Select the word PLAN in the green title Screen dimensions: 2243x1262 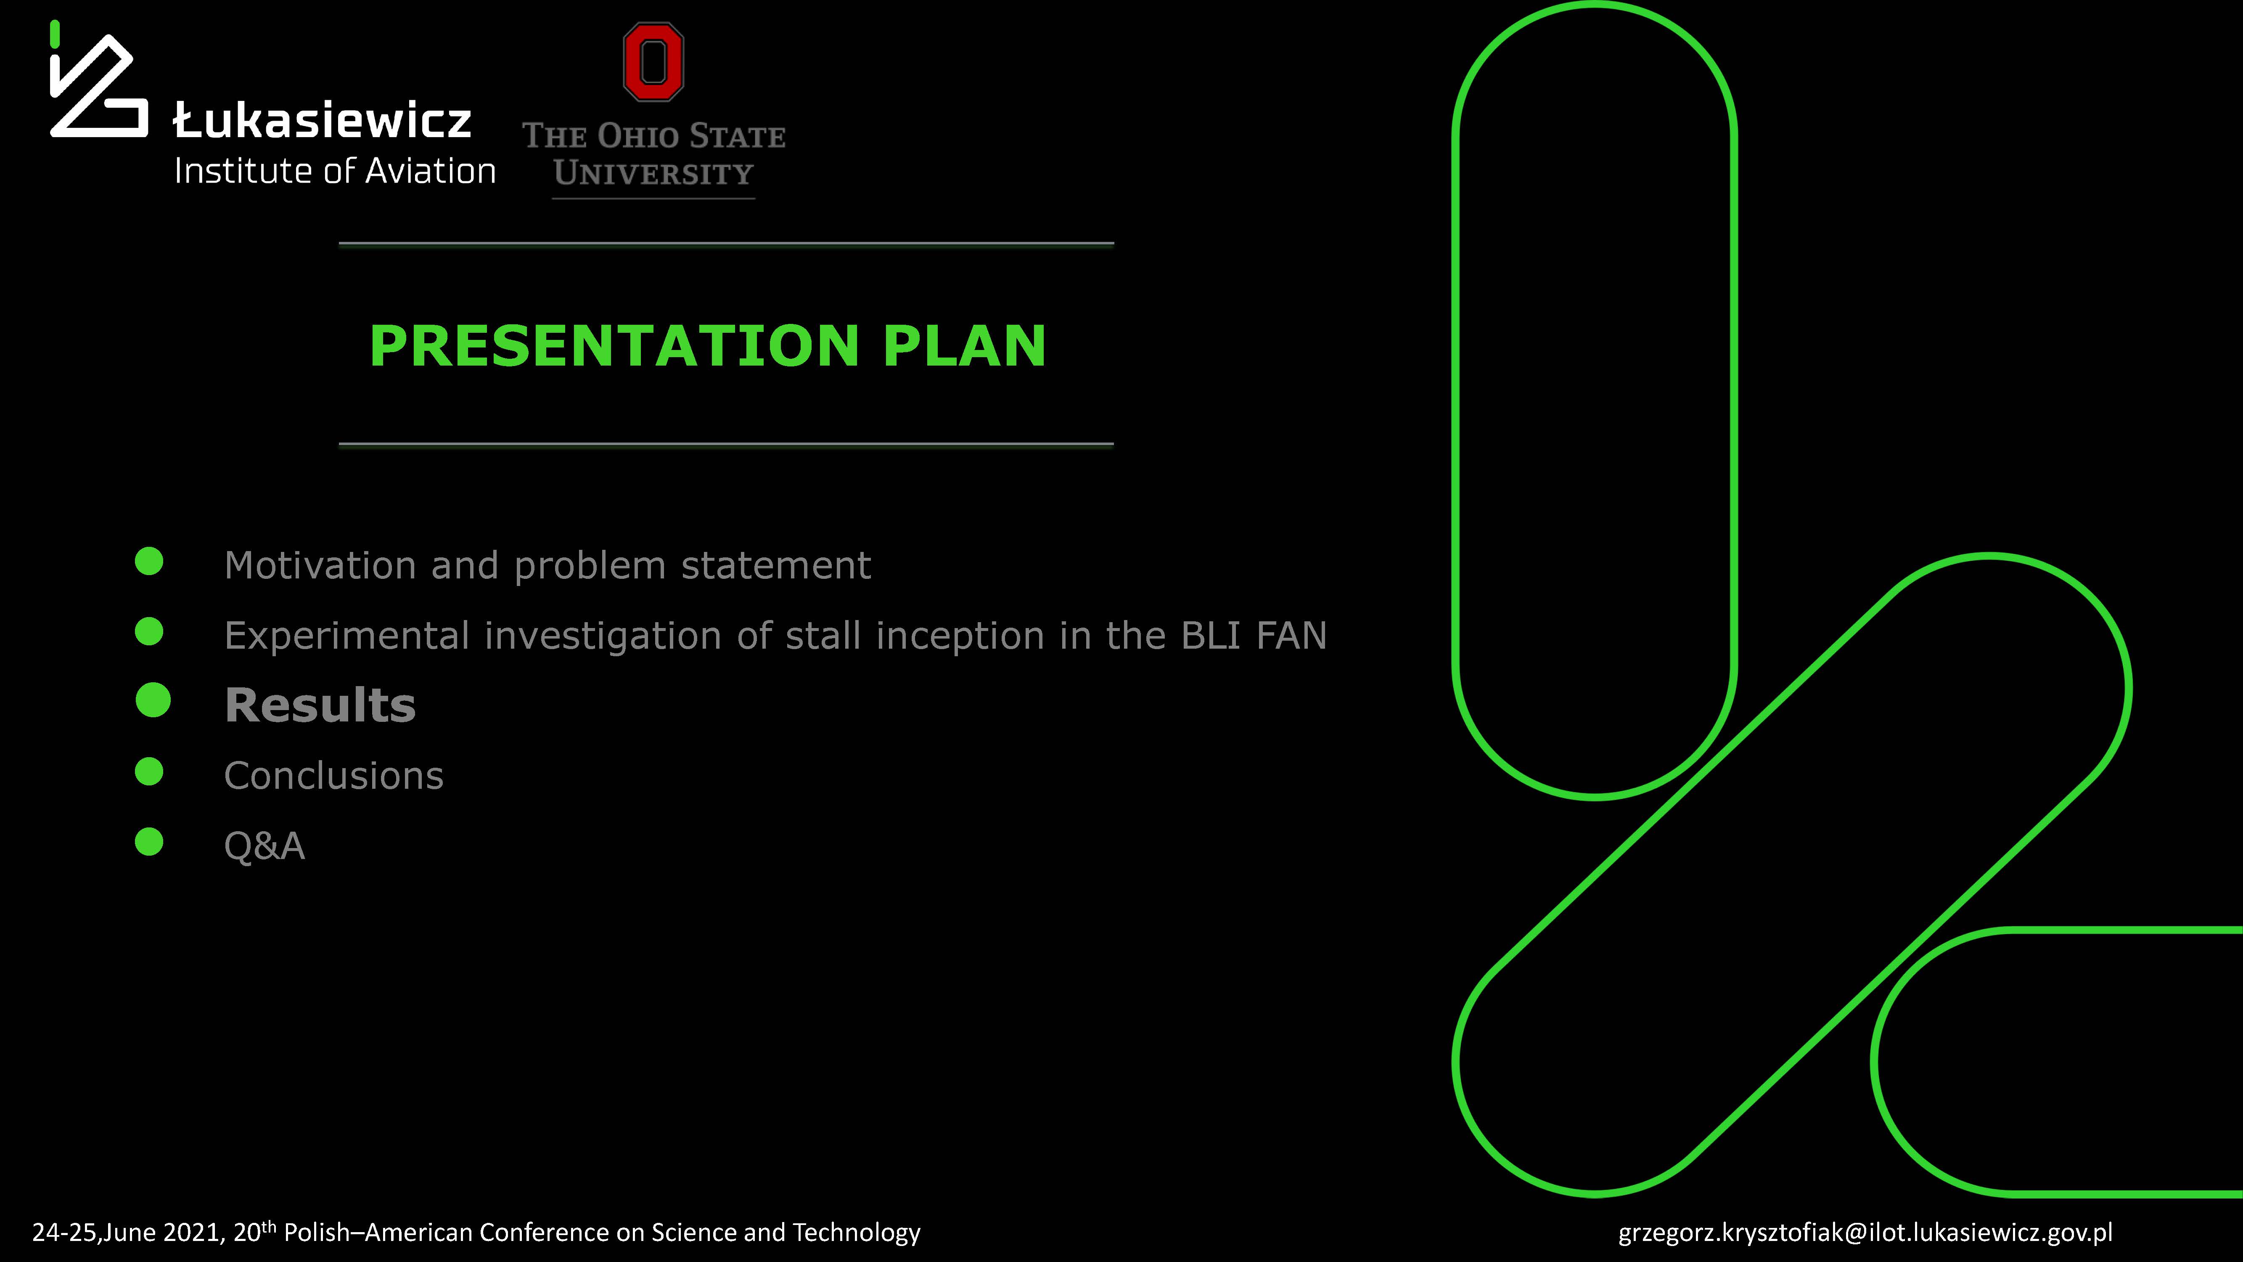click(964, 346)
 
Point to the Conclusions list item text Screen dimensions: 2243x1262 click(333, 775)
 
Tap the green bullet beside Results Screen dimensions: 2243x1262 click(153, 700)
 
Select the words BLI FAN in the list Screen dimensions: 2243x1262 click(1254, 635)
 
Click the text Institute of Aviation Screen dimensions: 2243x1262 click(335, 171)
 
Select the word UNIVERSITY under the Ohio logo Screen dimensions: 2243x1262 click(653, 173)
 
